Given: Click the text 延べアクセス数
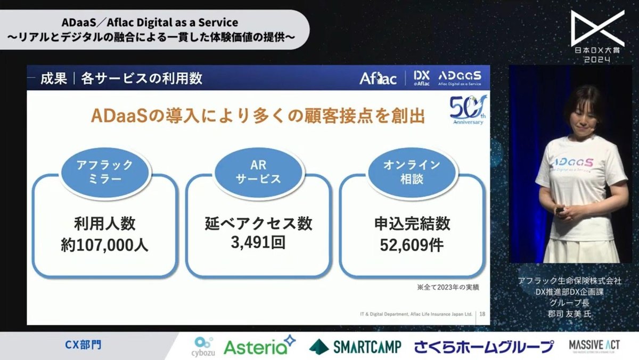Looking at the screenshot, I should click(x=259, y=224).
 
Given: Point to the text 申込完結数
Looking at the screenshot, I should click(x=412, y=224).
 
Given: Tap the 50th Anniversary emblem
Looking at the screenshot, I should click(x=466, y=110).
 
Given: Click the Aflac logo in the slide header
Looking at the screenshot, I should click(x=378, y=79).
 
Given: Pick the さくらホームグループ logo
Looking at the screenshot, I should click(x=484, y=347).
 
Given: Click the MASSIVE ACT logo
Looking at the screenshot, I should click(x=593, y=345).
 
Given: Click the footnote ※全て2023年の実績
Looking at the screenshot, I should click(x=448, y=288).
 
